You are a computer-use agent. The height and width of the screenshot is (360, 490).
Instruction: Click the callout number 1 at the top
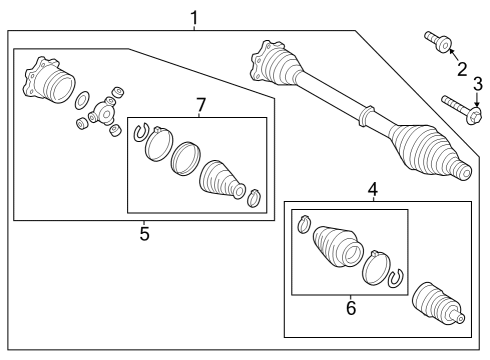[194, 18]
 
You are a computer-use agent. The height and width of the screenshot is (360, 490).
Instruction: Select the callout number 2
[462, 69]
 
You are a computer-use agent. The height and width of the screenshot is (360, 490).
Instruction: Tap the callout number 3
[478, 84]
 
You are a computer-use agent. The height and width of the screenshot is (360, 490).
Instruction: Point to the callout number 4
[373, 189]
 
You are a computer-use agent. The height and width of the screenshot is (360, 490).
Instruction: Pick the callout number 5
[144, 233]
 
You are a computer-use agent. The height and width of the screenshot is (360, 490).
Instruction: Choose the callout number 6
[351, 308]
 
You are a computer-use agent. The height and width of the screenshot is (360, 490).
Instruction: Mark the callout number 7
[201, 105]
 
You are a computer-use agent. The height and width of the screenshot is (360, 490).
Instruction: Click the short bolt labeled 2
[438, 42]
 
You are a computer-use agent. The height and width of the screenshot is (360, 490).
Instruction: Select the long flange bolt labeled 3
[462, 110]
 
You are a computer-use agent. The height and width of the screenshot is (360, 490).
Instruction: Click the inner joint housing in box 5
[48, 80]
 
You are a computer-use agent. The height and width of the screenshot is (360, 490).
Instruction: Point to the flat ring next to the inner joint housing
[81, 100]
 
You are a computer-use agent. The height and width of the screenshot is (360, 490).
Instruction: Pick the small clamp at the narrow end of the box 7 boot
[255, 198]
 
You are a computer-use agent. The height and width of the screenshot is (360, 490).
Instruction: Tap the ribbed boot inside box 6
[338, 247]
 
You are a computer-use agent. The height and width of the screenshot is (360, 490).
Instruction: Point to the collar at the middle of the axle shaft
[366, 116]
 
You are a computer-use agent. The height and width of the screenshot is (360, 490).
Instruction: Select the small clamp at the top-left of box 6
[304, 224]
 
